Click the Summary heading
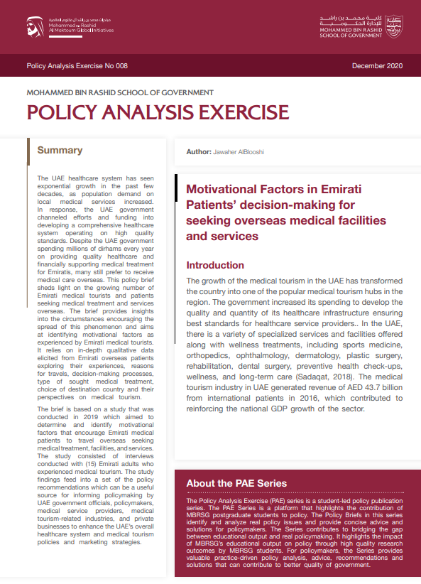coord(60,151)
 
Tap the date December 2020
coord(377,66)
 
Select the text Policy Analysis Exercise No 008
coord(77,66)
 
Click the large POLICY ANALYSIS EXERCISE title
coord(158,112)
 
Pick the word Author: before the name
coord(198,152)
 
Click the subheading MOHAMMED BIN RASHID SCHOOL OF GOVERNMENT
coord(120,92)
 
